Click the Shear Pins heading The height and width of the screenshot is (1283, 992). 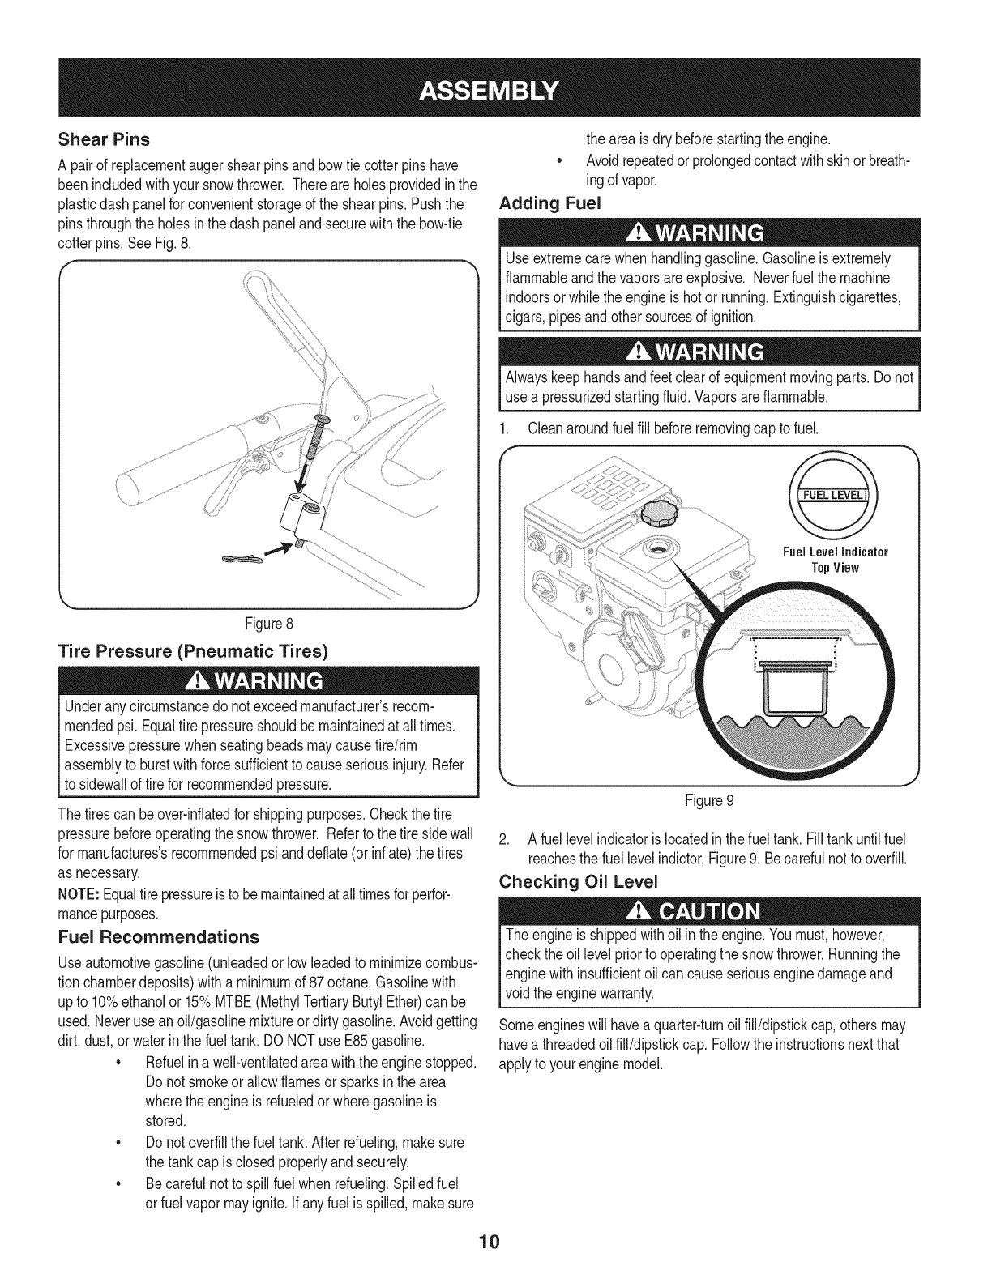[103, 139]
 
